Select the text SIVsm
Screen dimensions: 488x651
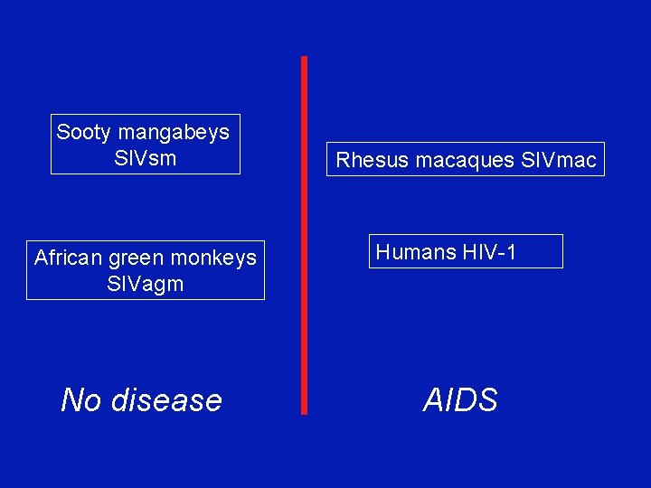tap(145, 158)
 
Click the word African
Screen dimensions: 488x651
tap(69, 258)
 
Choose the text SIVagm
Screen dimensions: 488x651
tap(145, 284)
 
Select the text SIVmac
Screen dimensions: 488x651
tap(559, 161)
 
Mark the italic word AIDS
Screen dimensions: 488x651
tap(460, 399)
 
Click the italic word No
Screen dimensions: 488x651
tap(80, 399)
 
